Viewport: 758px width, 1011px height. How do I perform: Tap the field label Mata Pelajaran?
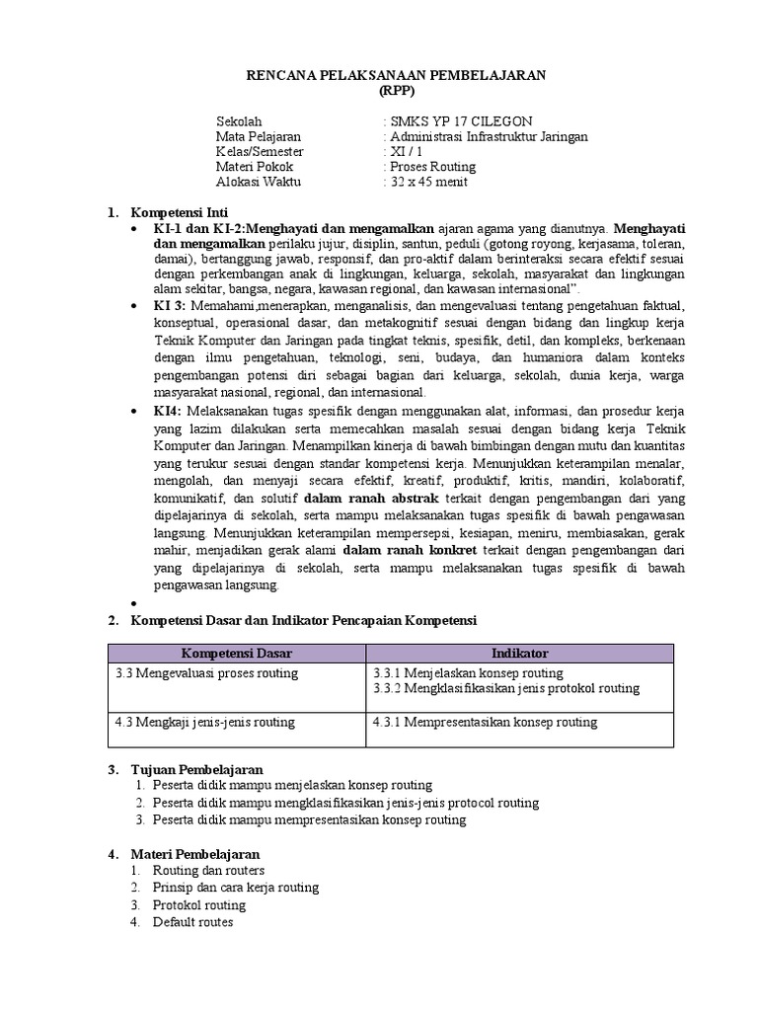click(x=258, y=136)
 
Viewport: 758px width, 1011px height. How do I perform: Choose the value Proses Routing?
click(x=433, y=167)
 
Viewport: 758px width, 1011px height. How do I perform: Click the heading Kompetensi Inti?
click(x=181, y=212)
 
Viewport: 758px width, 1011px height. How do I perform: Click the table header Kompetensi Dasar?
click(x=236, y=654)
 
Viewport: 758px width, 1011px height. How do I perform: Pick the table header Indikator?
click(x=520, y=654)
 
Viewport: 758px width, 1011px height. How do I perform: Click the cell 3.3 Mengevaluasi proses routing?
click(x=205, y=673)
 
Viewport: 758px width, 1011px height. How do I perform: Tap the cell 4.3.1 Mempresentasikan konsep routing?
click(x=485, y=722)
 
